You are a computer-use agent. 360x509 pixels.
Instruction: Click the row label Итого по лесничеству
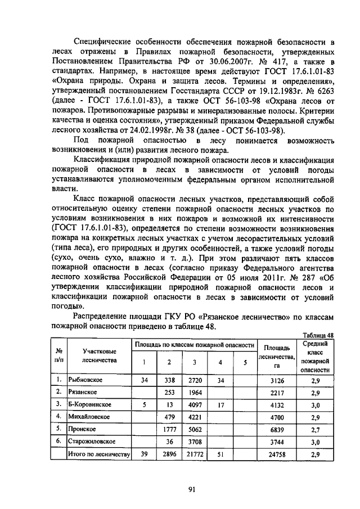(x=99, y=454)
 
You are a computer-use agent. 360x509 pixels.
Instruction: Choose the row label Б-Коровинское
(x=89, y=404)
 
